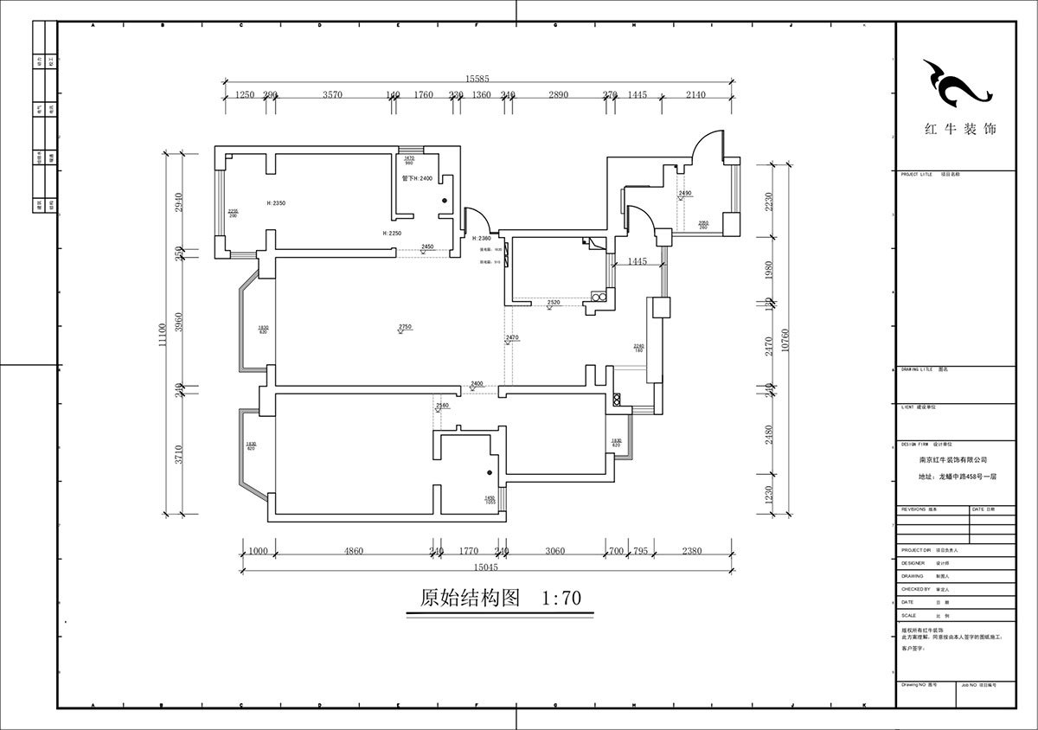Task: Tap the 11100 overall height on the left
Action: tap(161, 334)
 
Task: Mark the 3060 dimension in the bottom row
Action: tap(554, 550)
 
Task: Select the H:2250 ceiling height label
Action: tap(394, 234)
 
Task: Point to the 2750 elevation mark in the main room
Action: tap(405, 326)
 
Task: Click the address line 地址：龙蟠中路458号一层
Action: tap(954, 476)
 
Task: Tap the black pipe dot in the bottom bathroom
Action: tap(489, 472)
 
